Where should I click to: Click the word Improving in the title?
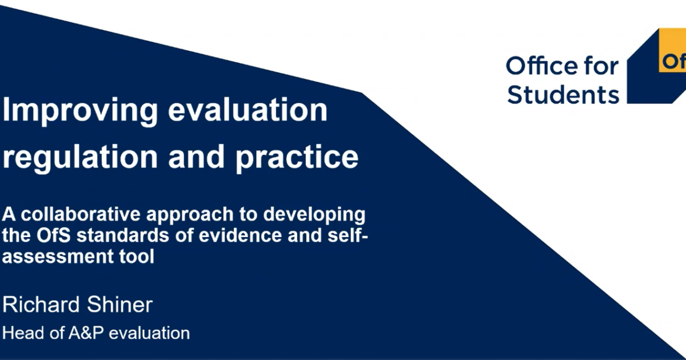80,111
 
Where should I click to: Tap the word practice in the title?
297,158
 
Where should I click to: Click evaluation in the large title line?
248,110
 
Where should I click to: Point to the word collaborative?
81,214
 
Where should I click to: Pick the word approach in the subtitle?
190,216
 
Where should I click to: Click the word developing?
314,216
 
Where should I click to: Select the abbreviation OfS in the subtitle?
54,235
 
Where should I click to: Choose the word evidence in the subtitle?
240,235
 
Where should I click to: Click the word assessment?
58,257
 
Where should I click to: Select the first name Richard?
41,305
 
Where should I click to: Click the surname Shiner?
119,305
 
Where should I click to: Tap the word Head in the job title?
23,333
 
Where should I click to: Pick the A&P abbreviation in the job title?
86,333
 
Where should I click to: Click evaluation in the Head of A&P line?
149,333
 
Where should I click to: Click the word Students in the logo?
563,95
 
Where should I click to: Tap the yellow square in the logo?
672,50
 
